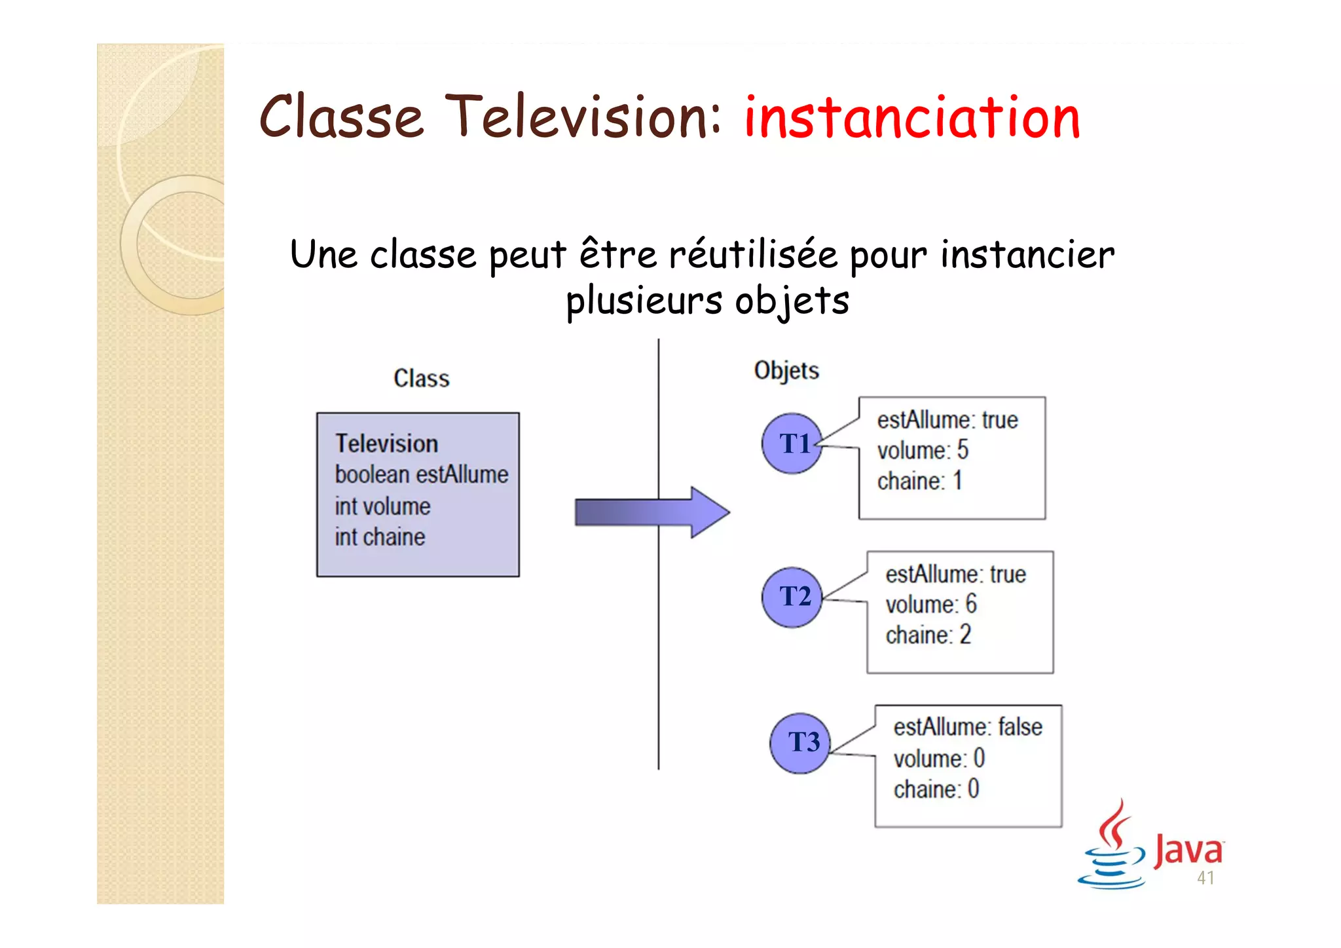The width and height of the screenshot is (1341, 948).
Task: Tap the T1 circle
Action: pos(792,444)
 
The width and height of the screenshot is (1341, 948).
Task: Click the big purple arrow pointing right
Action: pos(652,512)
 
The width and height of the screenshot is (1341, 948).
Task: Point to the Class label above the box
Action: pos(421,379)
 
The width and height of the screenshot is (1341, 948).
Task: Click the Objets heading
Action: pos(786,371)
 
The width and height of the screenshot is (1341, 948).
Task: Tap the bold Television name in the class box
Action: pos(386,444)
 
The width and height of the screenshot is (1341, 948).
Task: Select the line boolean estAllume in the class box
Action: pos(421,474)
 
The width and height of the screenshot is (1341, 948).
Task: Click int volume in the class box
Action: pos(382,506)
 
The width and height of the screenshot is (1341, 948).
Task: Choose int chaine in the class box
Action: pos(380,537)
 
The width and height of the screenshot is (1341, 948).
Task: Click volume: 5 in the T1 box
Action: pos(922,451)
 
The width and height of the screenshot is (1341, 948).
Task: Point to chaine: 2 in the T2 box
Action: pos(928,635)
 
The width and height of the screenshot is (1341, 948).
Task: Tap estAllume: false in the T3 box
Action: pos(967,727)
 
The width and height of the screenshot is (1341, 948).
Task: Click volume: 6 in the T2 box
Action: pos(930,604)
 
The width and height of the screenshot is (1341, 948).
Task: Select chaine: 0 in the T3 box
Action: pos(936,789)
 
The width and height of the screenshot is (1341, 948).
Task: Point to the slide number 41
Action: pos(1205,879)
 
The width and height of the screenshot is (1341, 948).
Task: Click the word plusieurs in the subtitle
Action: pos(644,301)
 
